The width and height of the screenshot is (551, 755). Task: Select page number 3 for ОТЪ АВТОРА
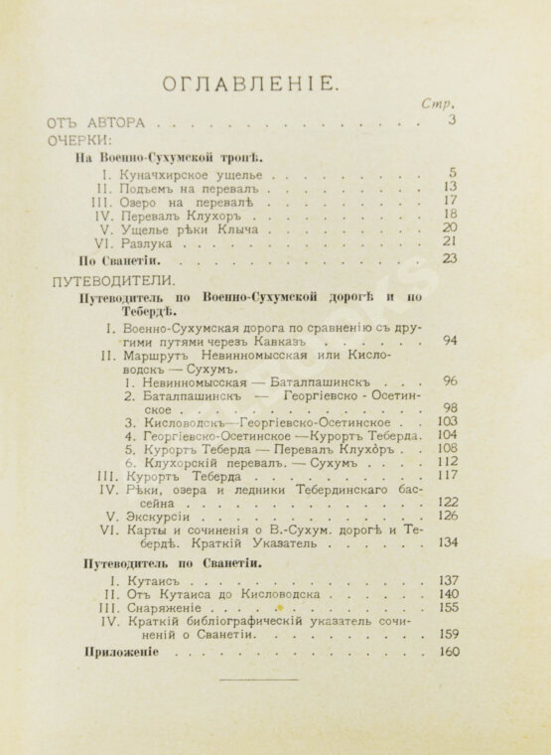coord(450,122)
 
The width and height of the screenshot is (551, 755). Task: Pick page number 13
coord(449,186)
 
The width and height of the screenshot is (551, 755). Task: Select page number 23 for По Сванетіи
coord(449,259)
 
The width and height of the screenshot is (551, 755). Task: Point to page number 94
coord(449,341)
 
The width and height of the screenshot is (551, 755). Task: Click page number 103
coord(447,421)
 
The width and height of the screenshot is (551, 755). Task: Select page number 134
coord(447,542)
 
